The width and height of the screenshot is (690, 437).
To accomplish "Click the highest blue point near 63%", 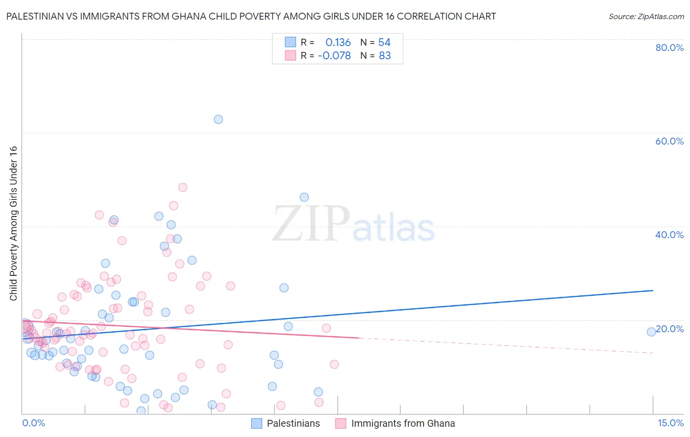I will [x=218, y=120].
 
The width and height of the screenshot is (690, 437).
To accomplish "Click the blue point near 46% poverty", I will [x=304, y=197].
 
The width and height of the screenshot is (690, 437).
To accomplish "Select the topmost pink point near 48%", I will [x=183, y=187].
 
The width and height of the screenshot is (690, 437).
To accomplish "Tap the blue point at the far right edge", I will [x=651, y=332].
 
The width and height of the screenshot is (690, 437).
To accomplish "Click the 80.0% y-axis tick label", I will [x=669, y=48].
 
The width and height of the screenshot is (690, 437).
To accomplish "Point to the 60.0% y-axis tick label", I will [x=669, y=141].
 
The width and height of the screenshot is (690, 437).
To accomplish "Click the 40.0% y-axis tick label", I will [x=669, y=235].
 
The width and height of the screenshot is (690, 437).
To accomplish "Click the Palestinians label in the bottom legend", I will [x=293, y=424].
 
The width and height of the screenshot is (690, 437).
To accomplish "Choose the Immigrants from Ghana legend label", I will [x=403, y=424].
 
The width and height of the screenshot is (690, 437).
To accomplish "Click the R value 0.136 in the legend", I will [x=338, y=43].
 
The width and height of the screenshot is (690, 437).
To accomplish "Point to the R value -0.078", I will [x=334, y=56].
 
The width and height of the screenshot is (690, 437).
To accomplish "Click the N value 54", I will [x=384, y=43].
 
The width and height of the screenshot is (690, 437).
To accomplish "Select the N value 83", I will [x=385, y=56].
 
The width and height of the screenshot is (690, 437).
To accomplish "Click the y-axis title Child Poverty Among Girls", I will [x=13, y=223].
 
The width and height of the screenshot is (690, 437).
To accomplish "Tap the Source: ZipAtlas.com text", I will [x=646, y=17].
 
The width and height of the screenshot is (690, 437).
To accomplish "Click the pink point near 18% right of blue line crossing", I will [x=326, y=328].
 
